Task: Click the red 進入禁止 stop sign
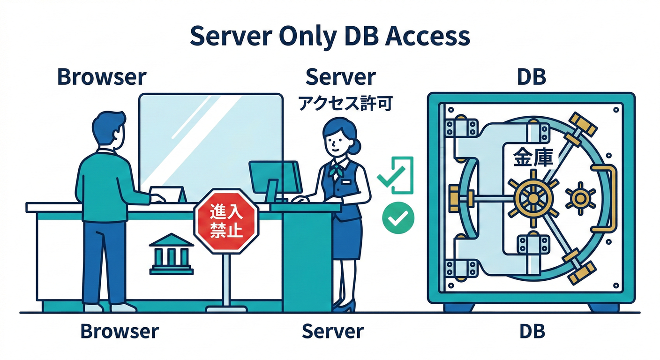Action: pos(226,221)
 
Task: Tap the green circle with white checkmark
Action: pos(398,218)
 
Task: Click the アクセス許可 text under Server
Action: pos(345,103)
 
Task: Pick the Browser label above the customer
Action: pos(101,77)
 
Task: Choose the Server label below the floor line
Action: pos(332,331)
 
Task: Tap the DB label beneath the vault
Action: pos(532,331)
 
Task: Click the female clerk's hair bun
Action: pos(356,146)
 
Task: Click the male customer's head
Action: pos(108,129)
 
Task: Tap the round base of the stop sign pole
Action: pos(226,308)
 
